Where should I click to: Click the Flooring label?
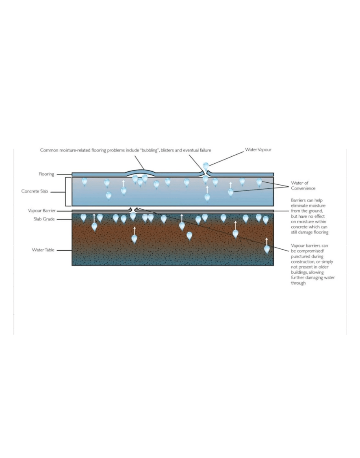46,174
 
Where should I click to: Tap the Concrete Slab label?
35,191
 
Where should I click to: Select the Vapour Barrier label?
41,211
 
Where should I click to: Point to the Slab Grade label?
44,219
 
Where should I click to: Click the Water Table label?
43,250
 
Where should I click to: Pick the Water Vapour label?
258,149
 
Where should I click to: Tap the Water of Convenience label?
303,186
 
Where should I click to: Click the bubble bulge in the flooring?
140,171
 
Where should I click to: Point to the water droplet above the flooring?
206,167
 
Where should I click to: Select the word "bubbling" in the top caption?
149,150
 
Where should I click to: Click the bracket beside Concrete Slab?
66,192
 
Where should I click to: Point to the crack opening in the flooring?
206,174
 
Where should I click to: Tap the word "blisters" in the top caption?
167,150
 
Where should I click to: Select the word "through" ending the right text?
298,283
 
